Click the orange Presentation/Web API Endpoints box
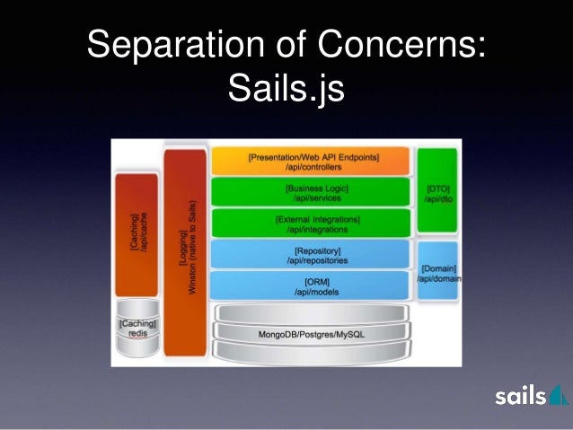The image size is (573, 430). pos(310,162)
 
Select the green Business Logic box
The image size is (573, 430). pos(310,192)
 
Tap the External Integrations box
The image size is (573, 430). pos(310,224)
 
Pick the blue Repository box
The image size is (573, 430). pos(310,255)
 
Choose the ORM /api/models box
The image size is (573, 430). pos(310,285)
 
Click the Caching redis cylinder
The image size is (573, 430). pos(137,329)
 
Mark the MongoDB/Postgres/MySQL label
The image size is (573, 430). pos(310,334)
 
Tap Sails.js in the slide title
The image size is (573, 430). pos(286,90)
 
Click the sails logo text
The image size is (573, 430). pos(519,396)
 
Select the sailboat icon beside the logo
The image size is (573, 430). pos(558,394)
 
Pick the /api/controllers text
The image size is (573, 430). pos(310,168)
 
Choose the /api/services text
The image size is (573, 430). pos(310,199)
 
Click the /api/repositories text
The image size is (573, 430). pos(310,261)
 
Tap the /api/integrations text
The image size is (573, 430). pos(310,230)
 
